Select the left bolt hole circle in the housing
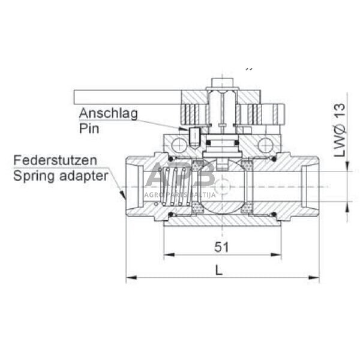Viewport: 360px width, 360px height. pos(178,144)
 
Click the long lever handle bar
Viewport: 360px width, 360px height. pos(126,95)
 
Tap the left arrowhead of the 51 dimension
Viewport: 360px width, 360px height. pos(167,255)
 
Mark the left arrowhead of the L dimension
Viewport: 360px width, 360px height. pos(129,278)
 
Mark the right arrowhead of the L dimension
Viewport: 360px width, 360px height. pos(316,278)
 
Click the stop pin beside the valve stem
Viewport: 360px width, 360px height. pos(195,135)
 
